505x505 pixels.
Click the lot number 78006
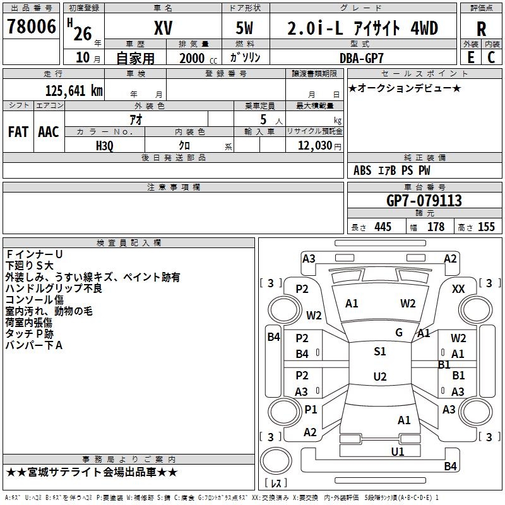coord(31,26)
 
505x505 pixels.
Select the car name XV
coord(163,28)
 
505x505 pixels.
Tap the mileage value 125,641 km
coord(74,90)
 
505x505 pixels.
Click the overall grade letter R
coord(481,29)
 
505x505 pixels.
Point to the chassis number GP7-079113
coord(424,201)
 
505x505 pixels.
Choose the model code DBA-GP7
coord(362,58)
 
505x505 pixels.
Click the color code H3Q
coord(105,146)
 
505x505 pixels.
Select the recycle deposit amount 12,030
coord(314,146)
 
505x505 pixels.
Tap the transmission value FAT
coord(18,132)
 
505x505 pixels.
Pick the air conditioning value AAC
coord(49,132)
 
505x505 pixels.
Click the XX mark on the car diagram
coord(458,289)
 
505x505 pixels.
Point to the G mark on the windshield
coord(399,333)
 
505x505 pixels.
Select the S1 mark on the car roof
coord(380,352)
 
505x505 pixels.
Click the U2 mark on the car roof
coord(380,376)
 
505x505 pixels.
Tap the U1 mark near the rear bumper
coord(398,452)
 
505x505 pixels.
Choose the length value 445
coord(383,227)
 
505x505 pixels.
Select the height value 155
coord(486,227)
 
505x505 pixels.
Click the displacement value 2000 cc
coord(198,59)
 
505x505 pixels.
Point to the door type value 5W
coord(244,28)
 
